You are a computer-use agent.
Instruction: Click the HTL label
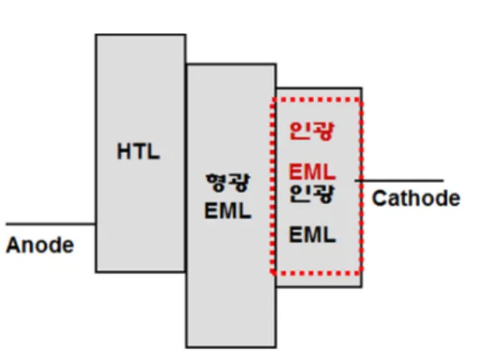point(139,151)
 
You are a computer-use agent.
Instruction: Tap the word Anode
point(40,246)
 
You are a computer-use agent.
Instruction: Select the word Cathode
point(416,198)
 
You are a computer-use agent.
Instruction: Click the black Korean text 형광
point(227,183)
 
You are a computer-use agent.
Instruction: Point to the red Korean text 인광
point(311,131)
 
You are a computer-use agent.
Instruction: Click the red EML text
point(312,172)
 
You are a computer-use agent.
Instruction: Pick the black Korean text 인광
point(311,194)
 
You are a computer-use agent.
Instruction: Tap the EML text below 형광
point(228,210)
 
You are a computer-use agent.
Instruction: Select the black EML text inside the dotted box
point(312,235)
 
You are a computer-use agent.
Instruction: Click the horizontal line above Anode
point(51,224)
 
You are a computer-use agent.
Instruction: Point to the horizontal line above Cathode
point(399,180)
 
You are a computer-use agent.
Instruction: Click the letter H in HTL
point(124,151)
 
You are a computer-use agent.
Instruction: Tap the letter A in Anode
point(13,246)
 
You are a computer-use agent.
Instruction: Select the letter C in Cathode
point(380,198)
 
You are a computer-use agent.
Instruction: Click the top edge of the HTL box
point(140,34)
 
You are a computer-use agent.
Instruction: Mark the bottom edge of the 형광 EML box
point(231,347)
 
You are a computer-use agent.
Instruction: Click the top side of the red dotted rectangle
point(316,99)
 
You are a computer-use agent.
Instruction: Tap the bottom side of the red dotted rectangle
point(316,273)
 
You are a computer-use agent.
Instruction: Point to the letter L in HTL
point(154,151)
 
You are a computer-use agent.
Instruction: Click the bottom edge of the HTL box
point(140,271)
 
